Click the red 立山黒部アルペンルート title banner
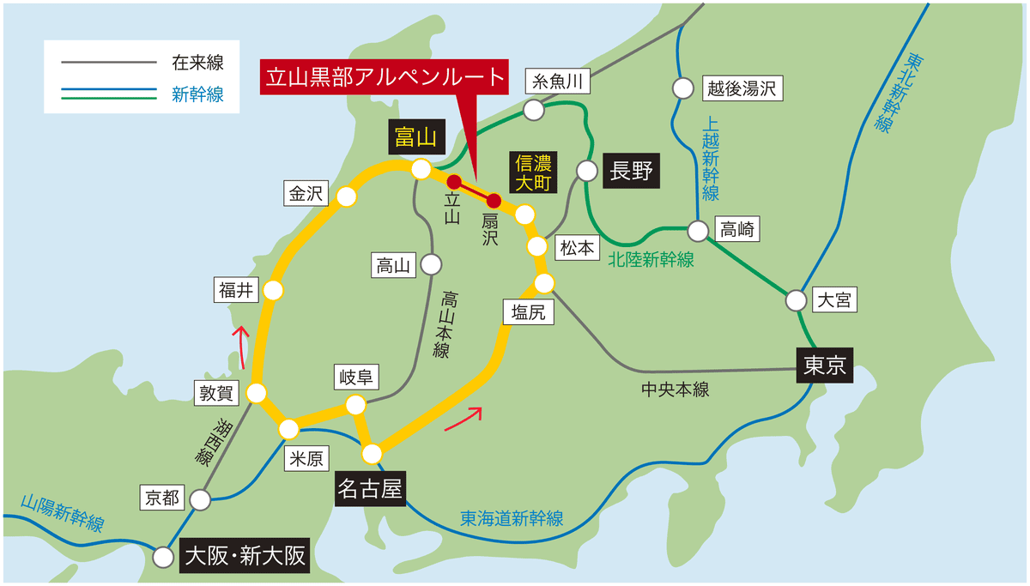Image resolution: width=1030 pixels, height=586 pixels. point(384,76)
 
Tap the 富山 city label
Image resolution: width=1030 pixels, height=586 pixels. point(416,136)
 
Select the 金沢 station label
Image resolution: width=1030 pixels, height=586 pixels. point(305,194)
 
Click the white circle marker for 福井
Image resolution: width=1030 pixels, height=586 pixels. point(273,291)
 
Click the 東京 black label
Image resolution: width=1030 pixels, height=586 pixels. point(826,366)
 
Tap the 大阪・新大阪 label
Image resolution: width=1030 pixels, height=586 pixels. point(245,557)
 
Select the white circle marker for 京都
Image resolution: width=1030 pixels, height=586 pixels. point(201,498)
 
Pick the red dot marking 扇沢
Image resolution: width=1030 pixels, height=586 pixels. point(494,201)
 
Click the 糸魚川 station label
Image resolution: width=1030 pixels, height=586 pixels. point(558,82)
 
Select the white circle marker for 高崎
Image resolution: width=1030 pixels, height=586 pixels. point(699,230)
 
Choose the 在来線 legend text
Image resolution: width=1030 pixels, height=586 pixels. point(197,63)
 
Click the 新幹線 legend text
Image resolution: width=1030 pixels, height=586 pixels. point(197,95)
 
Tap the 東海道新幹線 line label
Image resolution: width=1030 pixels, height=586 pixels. point(512,518)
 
